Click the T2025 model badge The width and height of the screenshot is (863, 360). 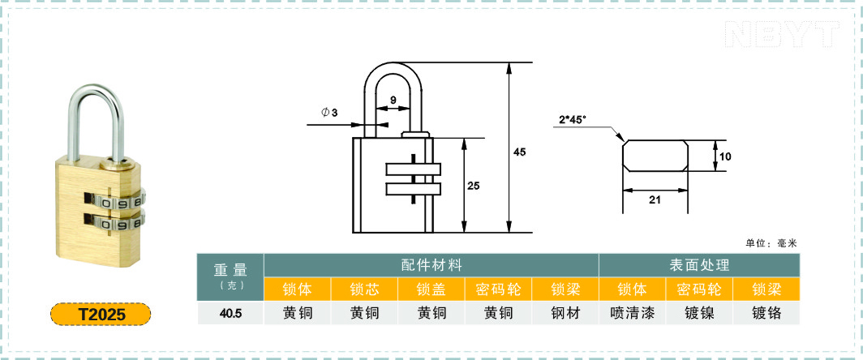pyautogui.click(x=101, y=315)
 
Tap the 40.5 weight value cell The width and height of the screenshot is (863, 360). pyautogui.click(x=230, y=313)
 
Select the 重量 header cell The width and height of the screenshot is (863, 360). pyautogui.click(x=230, y=276)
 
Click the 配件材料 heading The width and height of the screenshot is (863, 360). pyautogui.click(x=431, y=265)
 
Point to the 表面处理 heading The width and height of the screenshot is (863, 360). pyautogui.click(x=699, y=265)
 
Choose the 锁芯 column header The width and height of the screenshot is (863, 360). pyautogui.click(x=364, y=289)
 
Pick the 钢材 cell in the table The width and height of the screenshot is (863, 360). pyautogui.click(x=565, y=313)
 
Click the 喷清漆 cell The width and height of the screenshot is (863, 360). pyautogui.click(x=633, y=313)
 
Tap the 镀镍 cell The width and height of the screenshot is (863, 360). pyautogui.click(x=699, y=313)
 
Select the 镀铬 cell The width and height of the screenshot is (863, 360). pyautogui.click(x=766, y=313)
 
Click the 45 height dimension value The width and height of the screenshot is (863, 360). pyautogui.click(x=519, y=152)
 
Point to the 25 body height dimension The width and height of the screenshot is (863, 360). pyautogui.click(x=474, y=186)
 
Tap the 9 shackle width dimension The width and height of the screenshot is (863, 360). pyautogui.click(x=393, y=101)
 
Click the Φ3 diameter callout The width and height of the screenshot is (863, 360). pyautogui.click(x=329, y=113)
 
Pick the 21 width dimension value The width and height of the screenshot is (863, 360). pyautogui.click(x=655, y=199)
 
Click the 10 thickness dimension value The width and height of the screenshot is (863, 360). pyautogui.click(x=725, y=156)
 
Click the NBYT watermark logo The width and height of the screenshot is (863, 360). pyautogui.click(x=783, y=34)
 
